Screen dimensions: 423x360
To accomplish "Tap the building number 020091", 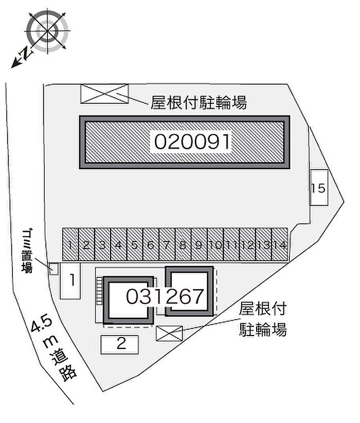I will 191,142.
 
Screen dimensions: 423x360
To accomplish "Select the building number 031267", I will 166,296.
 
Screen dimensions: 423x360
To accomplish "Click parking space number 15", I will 319,188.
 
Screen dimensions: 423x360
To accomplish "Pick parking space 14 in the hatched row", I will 279,245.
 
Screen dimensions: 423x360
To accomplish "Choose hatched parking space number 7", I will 167,245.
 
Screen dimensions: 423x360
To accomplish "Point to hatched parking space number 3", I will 102,245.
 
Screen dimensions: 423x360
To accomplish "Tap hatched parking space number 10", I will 215,245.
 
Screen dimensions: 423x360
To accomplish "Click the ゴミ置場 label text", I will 26,251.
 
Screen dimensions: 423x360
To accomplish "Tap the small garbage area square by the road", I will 53,268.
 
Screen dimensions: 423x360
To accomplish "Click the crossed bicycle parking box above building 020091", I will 104,93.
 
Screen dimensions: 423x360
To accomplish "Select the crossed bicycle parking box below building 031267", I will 169,333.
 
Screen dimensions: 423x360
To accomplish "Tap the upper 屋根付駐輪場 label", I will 199,103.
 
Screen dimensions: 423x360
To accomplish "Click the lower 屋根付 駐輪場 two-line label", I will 262,319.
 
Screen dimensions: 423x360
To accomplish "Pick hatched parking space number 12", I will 247,245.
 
